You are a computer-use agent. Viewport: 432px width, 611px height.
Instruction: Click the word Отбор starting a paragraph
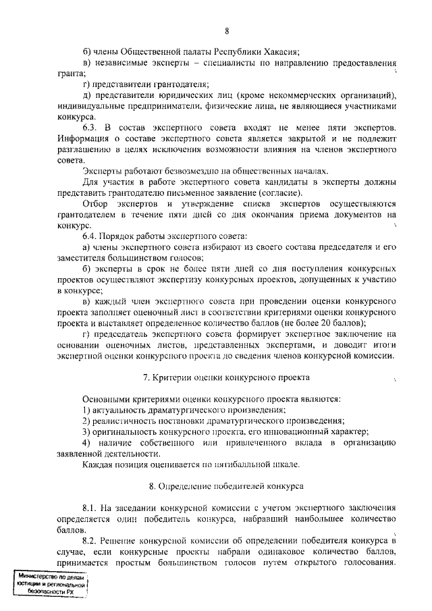click(x=95, y=203)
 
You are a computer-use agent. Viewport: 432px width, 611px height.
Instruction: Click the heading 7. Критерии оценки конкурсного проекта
click(x=227, y=377)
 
